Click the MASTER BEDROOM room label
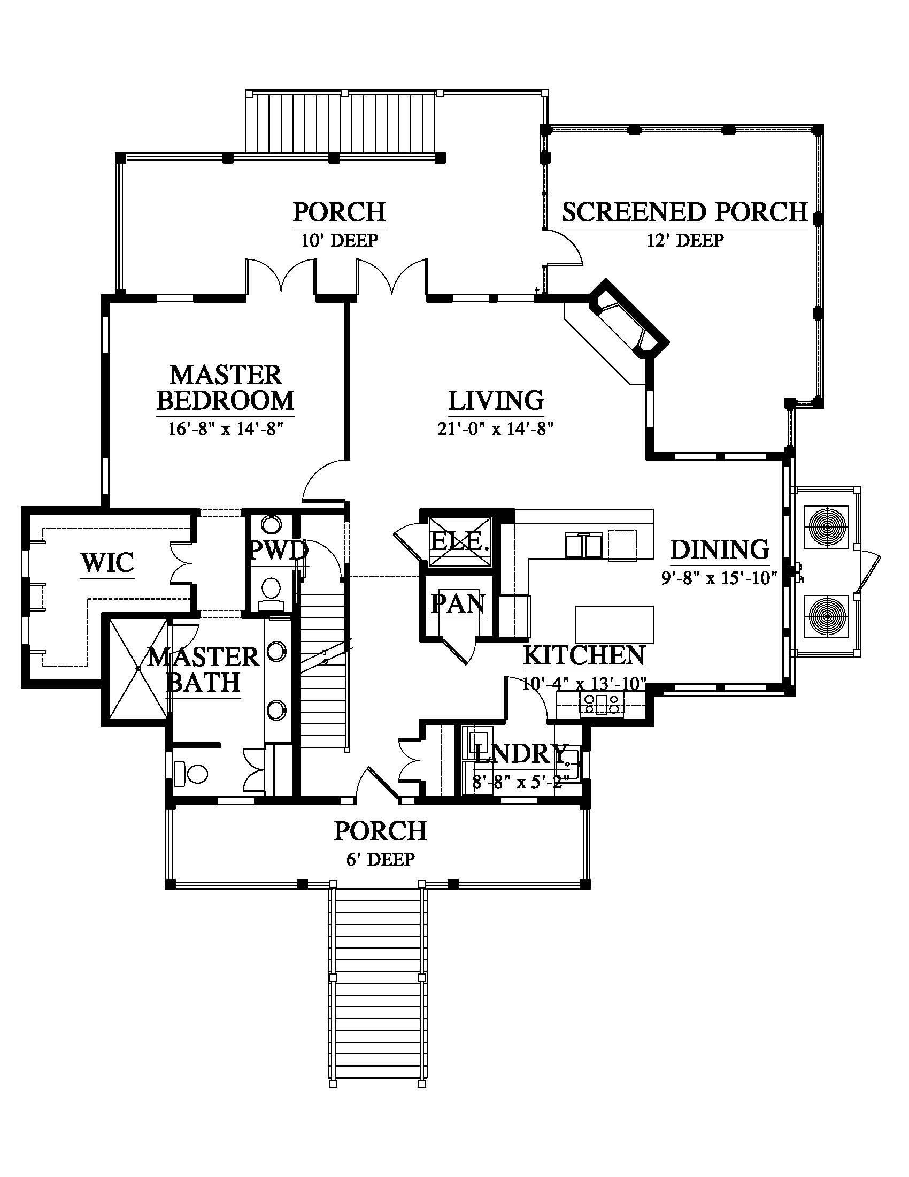click(x=226, y=387)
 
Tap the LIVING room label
click(x=496, y=400)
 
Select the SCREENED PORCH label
click(x=685, y=212)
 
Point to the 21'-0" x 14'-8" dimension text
click(x=496, y=429)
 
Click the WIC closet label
click(x=107, y=562)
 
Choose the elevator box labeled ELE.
click(x=460, y=540)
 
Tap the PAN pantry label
click(x=458, y=604)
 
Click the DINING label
click(x=719, y=549)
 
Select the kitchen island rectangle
click(x=614, y=624)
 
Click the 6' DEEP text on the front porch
click(x=380, y=859)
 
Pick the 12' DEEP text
click(x=685, y=240)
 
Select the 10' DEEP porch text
click(x=339, y=240)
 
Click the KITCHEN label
click(x=584, y=655)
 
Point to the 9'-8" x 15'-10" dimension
click(x=719, y=578)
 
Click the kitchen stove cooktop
click(x=602, y=704)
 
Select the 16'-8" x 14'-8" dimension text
click(x=226, y=429)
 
